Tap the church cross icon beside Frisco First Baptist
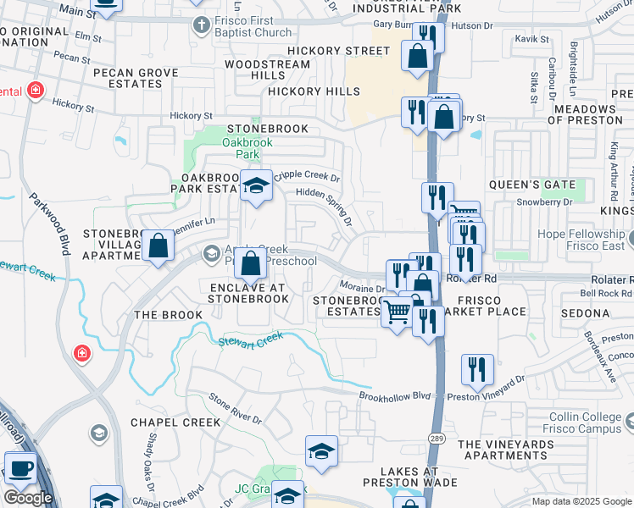pyautogui.click(x=200, y=24)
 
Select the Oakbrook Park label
pyautogui.click(x=247, y=149)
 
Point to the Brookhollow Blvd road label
pyautogui.click(x=395, y=395)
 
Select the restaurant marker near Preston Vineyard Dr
pyautogui.click(x=478, y=369)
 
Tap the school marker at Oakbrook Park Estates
pyautogui.click(x=255, y=186)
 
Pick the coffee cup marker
pyautogui.click(x=20, y=467)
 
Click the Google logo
pyautogui.click(x=29, y=498)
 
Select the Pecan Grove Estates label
pyautogui.click(x=136, y=79)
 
